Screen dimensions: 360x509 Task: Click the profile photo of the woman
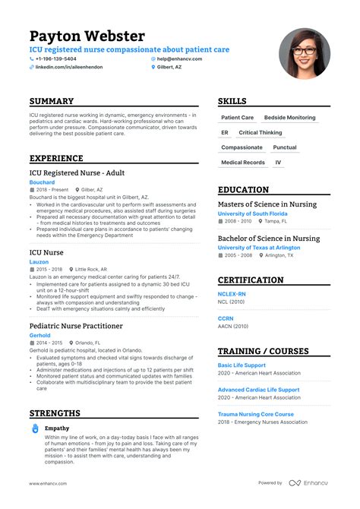point(304,54)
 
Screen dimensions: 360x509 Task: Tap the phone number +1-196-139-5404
point(56,58)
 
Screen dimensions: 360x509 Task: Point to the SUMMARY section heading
point(52,101)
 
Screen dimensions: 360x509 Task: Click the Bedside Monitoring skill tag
point(289,118)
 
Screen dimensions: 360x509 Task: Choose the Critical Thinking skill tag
point(260,133)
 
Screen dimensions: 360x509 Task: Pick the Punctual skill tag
point(285,147)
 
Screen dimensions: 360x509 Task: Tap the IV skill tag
point(278,162)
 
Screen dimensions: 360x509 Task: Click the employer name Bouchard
point(42,182)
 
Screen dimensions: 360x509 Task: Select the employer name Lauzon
point(39,261)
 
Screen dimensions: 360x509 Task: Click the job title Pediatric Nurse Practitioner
point(76,325)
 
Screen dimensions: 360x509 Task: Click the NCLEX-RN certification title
point(232,293)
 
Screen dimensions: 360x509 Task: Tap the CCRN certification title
point(226,318)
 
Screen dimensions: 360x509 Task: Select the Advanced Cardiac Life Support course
point(258,390)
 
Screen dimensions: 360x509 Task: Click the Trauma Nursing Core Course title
point(255,414)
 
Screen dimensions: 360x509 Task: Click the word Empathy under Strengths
point(57,428)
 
